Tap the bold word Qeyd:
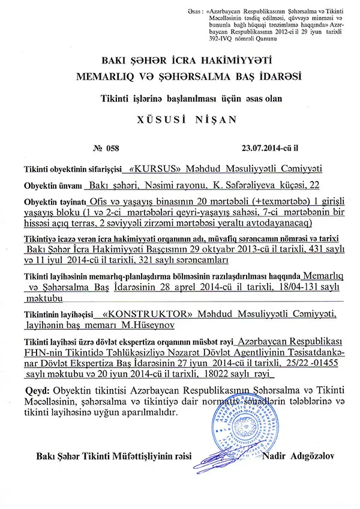(35, 391)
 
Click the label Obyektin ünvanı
(53, 185)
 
